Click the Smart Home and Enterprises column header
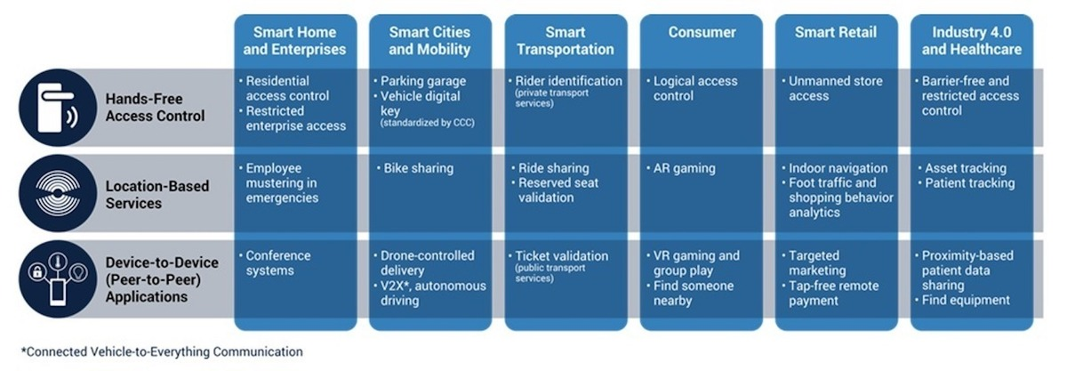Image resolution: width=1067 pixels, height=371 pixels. tap(295, 41)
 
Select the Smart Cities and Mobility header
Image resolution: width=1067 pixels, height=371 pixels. tap(429, 41)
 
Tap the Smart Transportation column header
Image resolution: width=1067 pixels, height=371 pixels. tap(566, 41)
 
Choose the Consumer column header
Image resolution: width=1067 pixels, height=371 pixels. tap(702, 32)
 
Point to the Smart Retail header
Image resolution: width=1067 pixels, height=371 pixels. tap(836, 32)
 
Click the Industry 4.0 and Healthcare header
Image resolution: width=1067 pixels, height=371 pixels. tap(972, 41)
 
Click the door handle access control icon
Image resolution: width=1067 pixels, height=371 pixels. tap(58, 108)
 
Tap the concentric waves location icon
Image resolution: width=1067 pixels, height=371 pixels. tap(58, 193)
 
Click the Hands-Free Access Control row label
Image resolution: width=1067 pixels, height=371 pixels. tap(155, 108)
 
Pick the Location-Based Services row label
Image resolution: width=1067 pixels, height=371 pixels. tap(157, 195)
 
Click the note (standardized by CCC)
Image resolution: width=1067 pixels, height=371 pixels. tap(428, 123)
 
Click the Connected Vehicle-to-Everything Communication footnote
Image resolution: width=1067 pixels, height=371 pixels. tap(162, 352)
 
